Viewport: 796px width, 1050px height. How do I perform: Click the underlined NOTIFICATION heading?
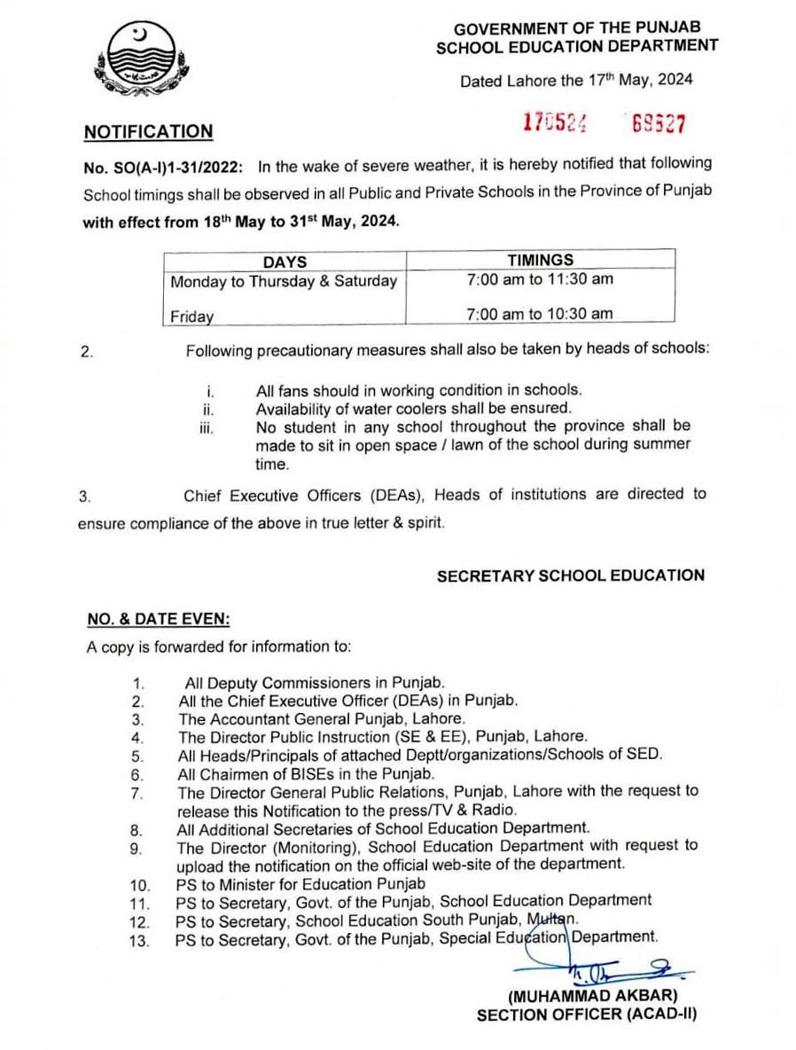pyautogui.click(x=148, y=132)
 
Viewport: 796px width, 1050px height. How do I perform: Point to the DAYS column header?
pyautogui.click(x=285, y=262)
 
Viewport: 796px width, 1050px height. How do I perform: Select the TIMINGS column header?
pyautogui.click(x=540, y=261)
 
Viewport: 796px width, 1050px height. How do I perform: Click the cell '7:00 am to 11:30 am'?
pyautogui.click(x=540, y=279)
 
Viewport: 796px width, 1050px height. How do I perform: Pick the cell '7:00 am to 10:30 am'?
pyautogui.click(x=540, y=313)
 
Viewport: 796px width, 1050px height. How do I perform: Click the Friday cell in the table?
pyautogui.click(x=191, y=315)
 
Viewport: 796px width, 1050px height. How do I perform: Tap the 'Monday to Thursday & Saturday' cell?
pyautogui.click(x=284, y=281)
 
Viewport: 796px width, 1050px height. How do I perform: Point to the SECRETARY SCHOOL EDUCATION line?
pyautogui.click(x=570, y=576)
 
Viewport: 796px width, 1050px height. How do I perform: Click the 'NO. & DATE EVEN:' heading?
pyautogui.click(x=158, y=619)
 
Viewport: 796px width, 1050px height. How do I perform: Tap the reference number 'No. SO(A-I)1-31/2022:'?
pyautogui.click(x=166, y=165)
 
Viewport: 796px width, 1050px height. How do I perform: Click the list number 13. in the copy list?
pyautogui.click(x=139, y=937)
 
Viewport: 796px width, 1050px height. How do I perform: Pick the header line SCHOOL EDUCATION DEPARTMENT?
pyautogui.click(x=577, y=47)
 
